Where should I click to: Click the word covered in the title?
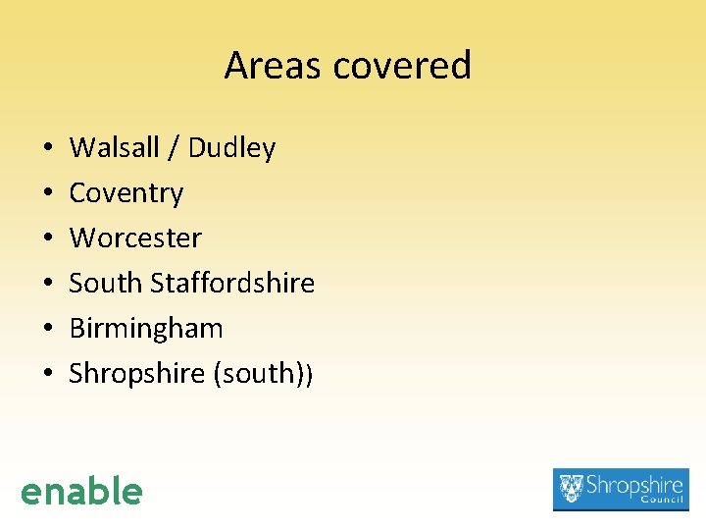coord(402,66)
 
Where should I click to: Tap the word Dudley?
coord(231,148)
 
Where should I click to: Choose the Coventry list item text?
coord(126,193)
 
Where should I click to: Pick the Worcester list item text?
coord(135,238)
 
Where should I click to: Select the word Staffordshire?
coord(232,283)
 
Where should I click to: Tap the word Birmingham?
coord(146,328)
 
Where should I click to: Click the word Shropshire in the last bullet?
coord(136,373)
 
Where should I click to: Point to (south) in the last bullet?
coord(259,373)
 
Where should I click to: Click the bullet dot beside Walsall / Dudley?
coord(48,149)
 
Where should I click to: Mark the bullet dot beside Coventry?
coord(48,194)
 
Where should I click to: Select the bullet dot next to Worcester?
coord(48,238)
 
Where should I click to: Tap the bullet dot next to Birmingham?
coord(48,329)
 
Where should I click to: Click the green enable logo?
coord(81,491)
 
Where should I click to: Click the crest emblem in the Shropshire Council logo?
coord(570,488)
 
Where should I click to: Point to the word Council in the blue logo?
coord(660,501)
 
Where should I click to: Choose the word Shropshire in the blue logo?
coord(635,485)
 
